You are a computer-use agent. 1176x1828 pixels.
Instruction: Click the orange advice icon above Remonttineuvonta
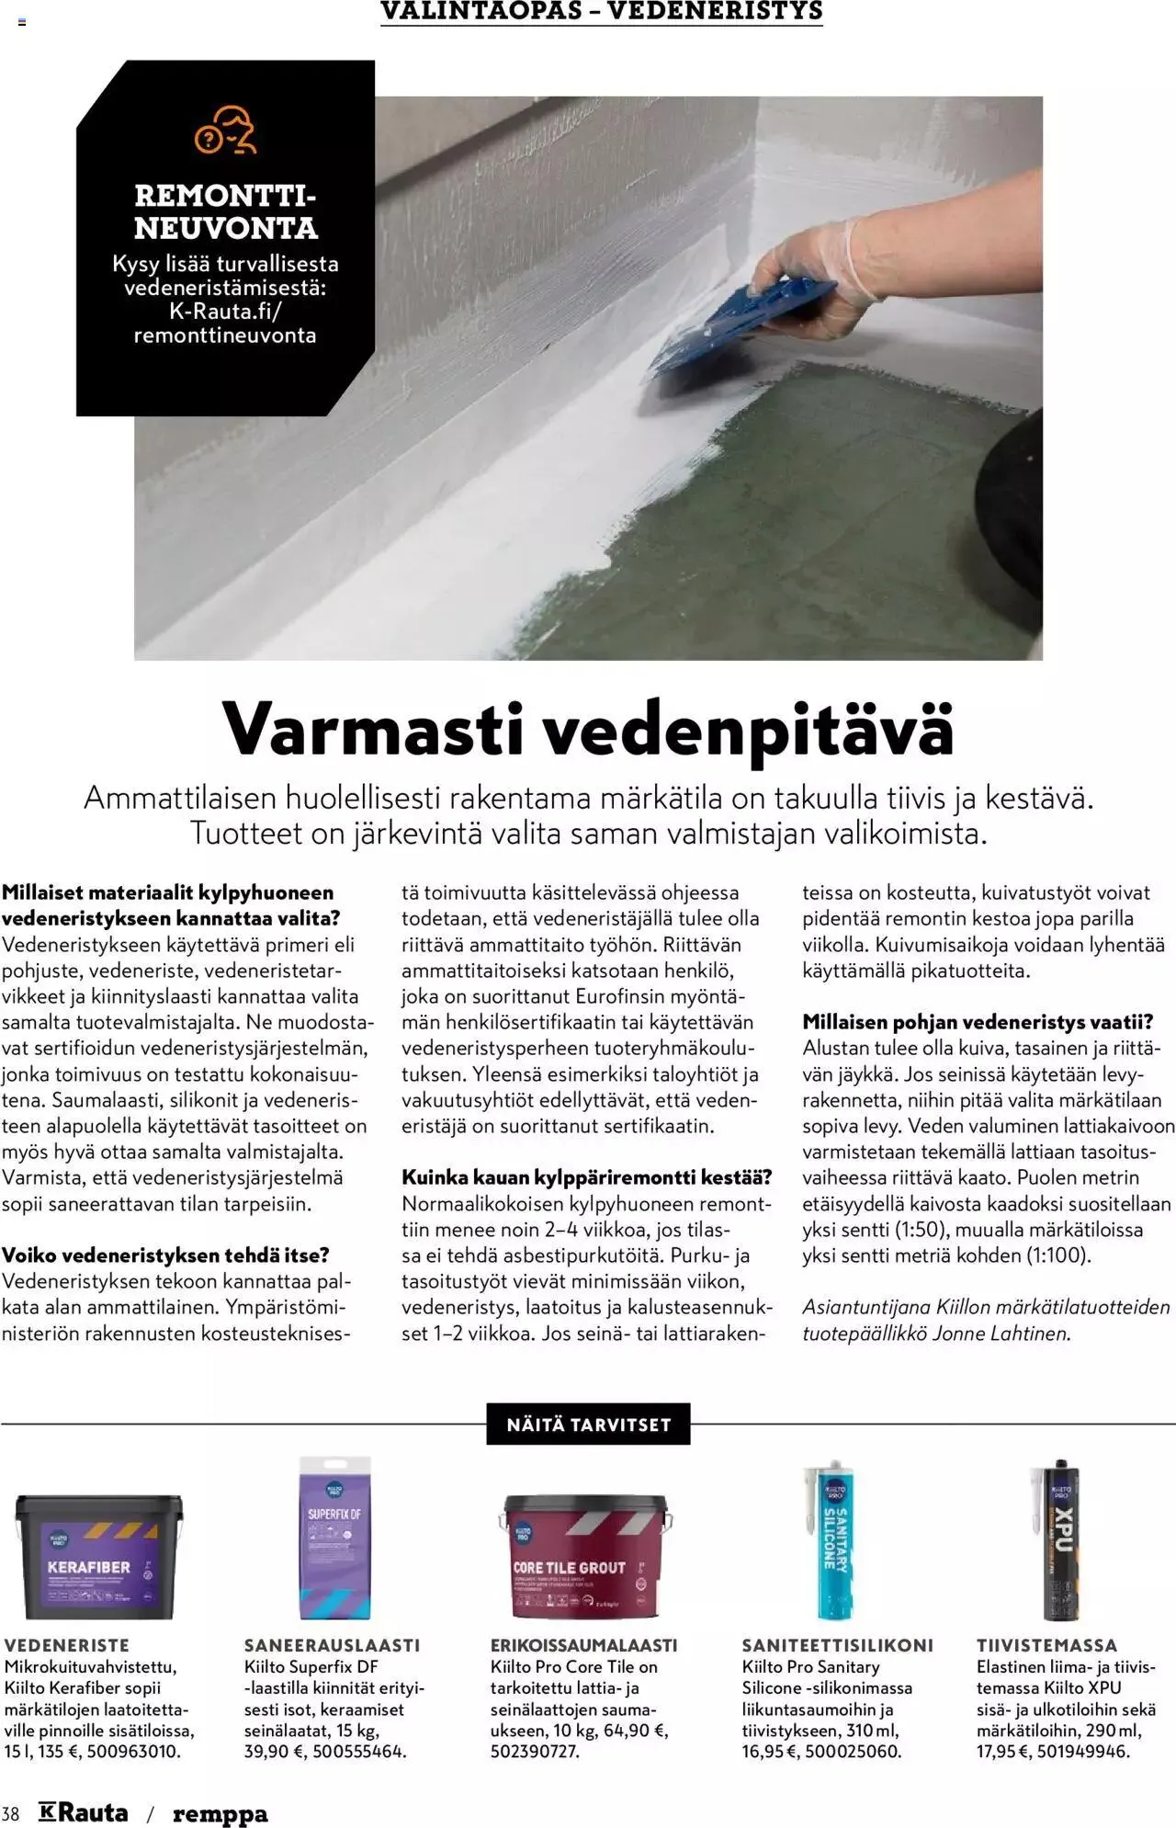click(225, 131)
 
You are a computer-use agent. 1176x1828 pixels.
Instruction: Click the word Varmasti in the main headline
click(373, 729)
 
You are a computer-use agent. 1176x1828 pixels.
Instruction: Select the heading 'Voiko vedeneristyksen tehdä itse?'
click(165, 1255)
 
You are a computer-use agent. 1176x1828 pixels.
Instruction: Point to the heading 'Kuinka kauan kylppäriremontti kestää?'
click(586, 1176)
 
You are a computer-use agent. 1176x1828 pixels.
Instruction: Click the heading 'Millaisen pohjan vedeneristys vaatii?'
click(977, 1021)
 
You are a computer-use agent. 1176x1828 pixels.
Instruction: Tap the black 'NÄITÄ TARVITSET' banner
click(588, 1425)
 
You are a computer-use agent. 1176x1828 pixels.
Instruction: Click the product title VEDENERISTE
click(67, 1645)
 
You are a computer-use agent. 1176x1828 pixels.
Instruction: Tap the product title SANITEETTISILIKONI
click(837, 1645)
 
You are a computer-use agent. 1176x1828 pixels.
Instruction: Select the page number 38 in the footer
click(10, 1813)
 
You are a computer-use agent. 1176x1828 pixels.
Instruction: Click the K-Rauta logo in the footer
click(84, 1811)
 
